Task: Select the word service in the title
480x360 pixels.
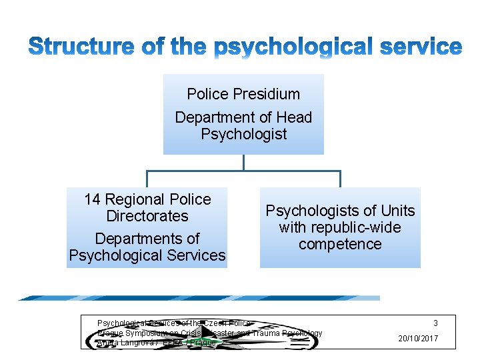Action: pos(421,47)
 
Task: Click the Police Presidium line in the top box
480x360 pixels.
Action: pos(243,95)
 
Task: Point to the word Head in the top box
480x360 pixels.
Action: pos(294,117)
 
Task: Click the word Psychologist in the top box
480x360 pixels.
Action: pos(243,134)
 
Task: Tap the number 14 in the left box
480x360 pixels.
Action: pos(93,199)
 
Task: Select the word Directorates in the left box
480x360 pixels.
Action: pos(147,216)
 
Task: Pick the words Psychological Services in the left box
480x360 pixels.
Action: pos(147,255)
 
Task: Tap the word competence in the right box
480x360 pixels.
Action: pos(340,245)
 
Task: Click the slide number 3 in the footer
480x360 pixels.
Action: pos(435,323)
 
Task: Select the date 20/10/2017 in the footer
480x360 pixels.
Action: pos(418,339)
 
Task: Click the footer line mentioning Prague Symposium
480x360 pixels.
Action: pos(209,333)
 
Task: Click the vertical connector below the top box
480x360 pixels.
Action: pos(243,163)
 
